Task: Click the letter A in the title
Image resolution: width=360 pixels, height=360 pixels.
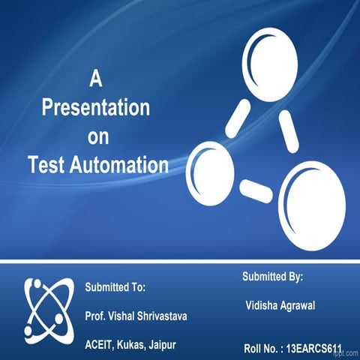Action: tap(95, 76)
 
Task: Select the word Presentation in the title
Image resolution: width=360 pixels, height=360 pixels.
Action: tap(95, 106)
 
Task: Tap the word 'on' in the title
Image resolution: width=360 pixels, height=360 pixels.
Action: tap(97, 137)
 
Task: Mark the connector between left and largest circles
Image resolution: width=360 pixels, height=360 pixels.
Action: tap(256, 190)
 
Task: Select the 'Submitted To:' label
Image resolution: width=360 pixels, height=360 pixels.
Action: tap(115, 287)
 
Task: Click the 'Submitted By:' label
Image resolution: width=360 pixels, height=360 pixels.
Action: tap(272, 277)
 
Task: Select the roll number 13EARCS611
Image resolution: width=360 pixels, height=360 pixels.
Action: tap(314, 349)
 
